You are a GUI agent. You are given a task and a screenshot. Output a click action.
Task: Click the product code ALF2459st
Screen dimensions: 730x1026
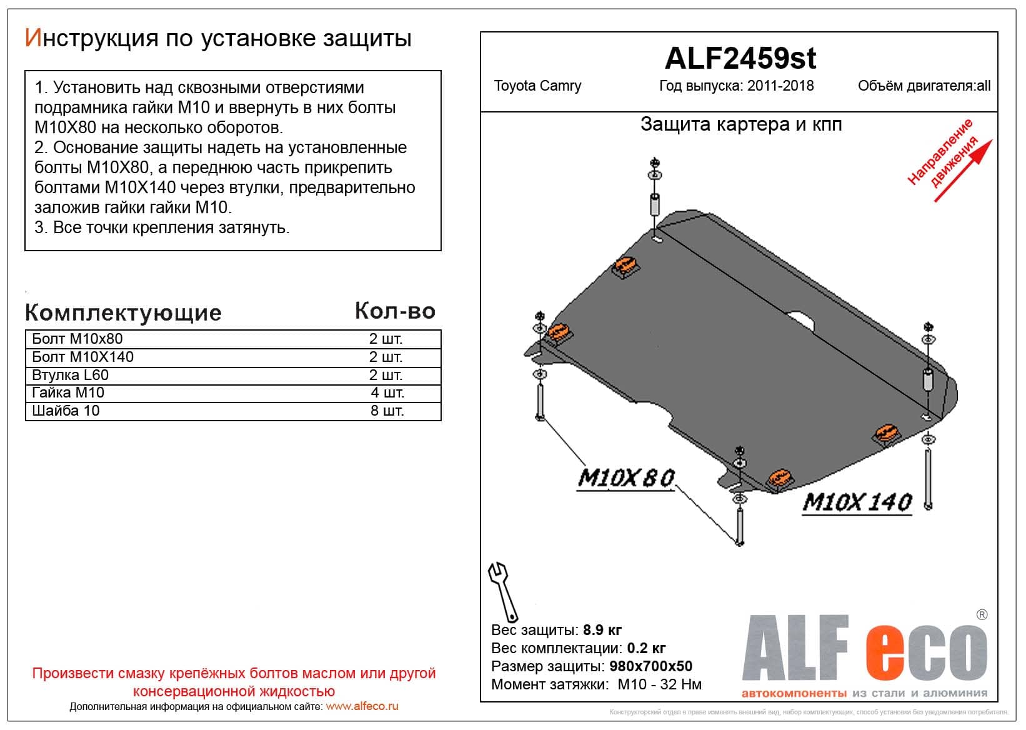tap(740, 59)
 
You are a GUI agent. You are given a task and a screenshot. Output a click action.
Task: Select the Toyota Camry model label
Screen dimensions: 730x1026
tap(537, 86)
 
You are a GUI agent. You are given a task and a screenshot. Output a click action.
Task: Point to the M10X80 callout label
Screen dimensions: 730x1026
tap(625, 478)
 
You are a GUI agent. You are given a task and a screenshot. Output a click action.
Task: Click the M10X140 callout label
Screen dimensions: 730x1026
tap(857, 502)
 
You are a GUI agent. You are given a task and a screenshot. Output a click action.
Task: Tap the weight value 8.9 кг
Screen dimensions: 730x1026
tap(602, 630)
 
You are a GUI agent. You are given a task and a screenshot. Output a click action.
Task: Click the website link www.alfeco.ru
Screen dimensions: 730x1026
tap(362, 707)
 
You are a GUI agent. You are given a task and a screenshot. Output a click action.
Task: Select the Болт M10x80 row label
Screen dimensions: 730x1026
tap(77, 339)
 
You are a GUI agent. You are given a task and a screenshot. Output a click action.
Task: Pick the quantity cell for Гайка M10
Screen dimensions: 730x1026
tap(387, 393)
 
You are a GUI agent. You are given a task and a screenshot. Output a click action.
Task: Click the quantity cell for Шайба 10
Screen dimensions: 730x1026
tap(387, 411)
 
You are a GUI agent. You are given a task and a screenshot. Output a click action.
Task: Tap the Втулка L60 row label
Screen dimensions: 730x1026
tap(70, 375)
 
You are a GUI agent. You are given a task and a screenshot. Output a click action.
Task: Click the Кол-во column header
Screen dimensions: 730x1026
tap(395, 311)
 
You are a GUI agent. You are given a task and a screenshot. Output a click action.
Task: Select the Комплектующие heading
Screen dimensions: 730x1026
tap(123, 312)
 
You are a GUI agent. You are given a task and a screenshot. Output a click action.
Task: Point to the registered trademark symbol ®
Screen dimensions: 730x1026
tap(982, 615)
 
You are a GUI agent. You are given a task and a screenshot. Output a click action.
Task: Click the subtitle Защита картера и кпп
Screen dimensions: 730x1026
tap(741, 124)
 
